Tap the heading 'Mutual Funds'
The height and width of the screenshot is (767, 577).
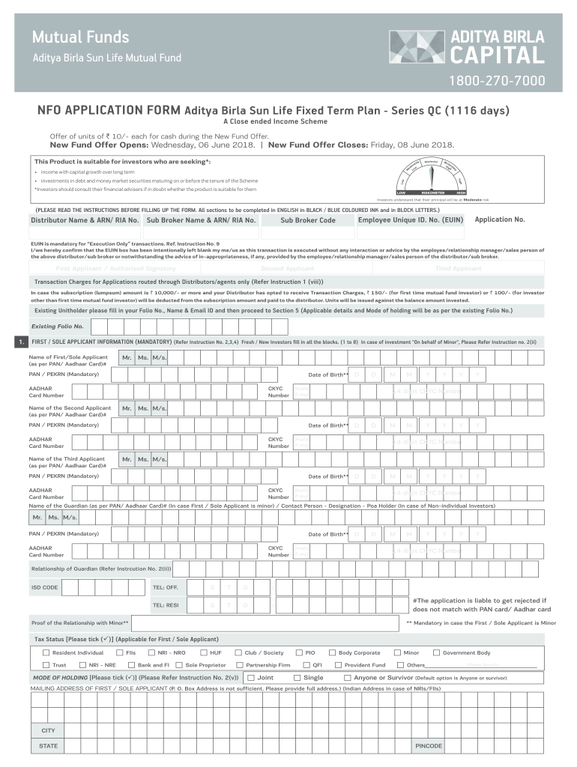pyautogui.click(x=80, y=37)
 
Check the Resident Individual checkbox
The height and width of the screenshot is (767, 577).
pyautogui.click(x=46, y=652)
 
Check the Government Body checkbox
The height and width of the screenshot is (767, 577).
pyautogui.click(x=436, y=652)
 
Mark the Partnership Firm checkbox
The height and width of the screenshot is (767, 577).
pyautogui.click(x=240, y=665)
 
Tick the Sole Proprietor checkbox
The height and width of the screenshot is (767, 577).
pyautogui.click(x=179, y=665)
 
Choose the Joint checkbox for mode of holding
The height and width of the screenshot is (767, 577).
pyautogui.click(x=251, y=678)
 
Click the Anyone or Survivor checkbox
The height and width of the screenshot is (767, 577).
pyautogui.click(x=347, y=678)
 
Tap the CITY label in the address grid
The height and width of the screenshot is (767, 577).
pyautogui.click(x=48, y=730)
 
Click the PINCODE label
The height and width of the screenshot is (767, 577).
pyautogui.click(x=429, y=746)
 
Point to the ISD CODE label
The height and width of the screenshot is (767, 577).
pyautogui.click(x=44, y=587)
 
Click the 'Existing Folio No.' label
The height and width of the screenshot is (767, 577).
pyautogui.click(x=57, y=327)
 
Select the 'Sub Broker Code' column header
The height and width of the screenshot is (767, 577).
pyautogui.click(x=308, y=221)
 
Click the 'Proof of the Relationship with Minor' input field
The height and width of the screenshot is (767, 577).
pyautogui.click(x=266, y=623)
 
